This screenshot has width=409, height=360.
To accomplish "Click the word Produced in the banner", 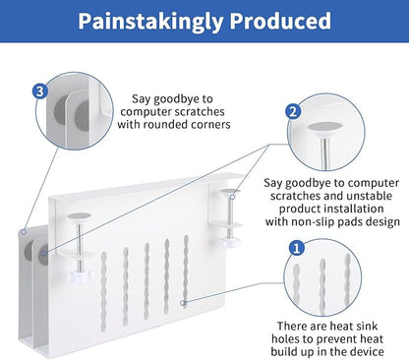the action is tap(280, 21).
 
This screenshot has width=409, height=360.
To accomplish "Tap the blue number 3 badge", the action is tap(40, 90).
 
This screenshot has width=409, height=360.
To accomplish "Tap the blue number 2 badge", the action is tap(293, 112).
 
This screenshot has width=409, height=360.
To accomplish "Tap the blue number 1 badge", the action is tap(296, 248).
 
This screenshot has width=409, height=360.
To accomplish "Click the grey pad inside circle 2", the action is tap(325, 127).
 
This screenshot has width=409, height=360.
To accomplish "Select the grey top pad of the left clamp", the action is tap(79, 216).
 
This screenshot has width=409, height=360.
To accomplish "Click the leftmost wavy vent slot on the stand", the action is tap(104, 291).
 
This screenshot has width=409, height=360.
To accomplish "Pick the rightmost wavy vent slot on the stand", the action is tap(186, 271).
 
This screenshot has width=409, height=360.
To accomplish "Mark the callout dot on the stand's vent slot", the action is tap(184, 303).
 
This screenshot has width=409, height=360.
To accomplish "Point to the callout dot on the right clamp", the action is tap(232, 197).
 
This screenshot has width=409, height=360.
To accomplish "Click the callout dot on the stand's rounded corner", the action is tap(24, 232).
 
